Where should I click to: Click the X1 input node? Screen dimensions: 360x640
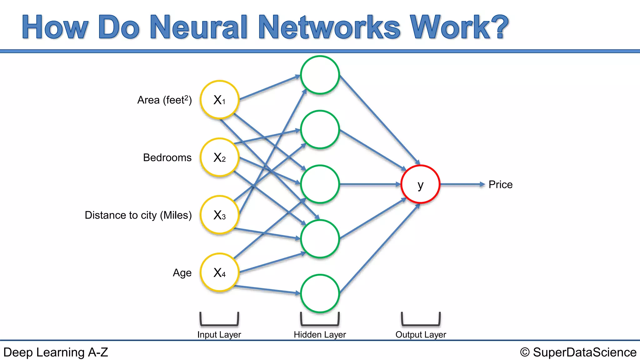[220, 100]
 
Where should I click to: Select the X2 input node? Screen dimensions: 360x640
[220, 157]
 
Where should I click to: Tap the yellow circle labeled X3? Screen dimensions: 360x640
[220, 215]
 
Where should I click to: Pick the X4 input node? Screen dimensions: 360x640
[220, 272]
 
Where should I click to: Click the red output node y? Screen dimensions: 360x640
[420, 184]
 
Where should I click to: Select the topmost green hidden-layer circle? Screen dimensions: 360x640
[320, 75]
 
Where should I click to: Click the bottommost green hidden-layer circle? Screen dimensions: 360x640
[320, 294]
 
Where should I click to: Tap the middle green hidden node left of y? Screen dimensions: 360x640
[320, 184]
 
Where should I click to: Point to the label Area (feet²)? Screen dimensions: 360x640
[164, 100]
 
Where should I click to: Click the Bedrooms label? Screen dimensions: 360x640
[167, 157]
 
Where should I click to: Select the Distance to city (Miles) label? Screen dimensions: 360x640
[138, 215]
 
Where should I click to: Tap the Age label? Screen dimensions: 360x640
[182, 273]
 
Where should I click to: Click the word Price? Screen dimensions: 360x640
[500, 184]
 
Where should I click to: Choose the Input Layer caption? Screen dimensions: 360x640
[219, 335]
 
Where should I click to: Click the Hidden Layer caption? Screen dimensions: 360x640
[320, 335]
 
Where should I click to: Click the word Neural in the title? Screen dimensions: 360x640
[199, 27]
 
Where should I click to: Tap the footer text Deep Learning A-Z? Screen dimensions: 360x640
[56, 352]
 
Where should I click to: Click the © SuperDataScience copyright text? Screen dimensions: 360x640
[578, 352]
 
